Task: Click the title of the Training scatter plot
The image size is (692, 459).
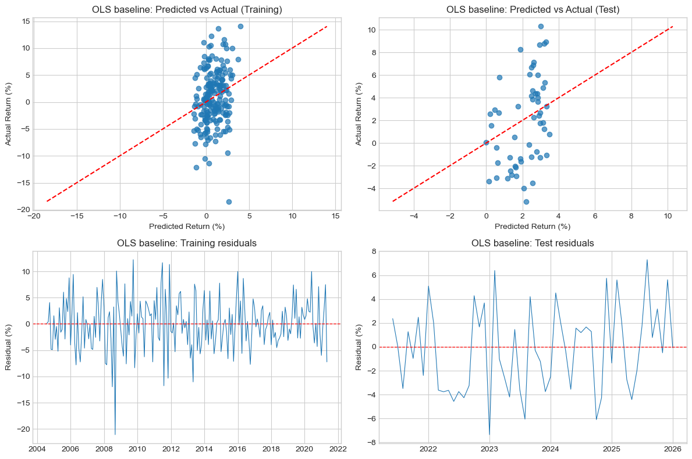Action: coord(187,9)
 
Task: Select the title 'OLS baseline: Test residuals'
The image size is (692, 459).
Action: coord(533,243)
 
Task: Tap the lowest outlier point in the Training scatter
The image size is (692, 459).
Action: coord(229,202)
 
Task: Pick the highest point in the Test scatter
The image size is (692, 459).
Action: coord(541,26)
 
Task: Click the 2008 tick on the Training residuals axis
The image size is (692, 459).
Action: coord(104,449)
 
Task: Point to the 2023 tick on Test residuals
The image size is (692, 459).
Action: coord(489,449)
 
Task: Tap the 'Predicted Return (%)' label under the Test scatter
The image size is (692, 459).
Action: coord(533,226)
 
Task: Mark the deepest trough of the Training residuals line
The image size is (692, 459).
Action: coord(115,434)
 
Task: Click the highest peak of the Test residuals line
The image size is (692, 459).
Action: coord(647,260)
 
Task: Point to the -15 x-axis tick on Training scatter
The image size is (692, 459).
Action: coord(77,216)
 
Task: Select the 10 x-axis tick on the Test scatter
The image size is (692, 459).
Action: coord(668,216)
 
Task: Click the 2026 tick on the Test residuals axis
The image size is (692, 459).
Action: coord(673,449)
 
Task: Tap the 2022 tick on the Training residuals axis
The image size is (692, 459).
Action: coord(338,449)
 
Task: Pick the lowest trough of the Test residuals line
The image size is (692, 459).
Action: coord(489,435)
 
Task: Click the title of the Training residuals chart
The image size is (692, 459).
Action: coord(187,243)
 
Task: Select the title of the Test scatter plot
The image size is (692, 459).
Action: coord(533,9)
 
